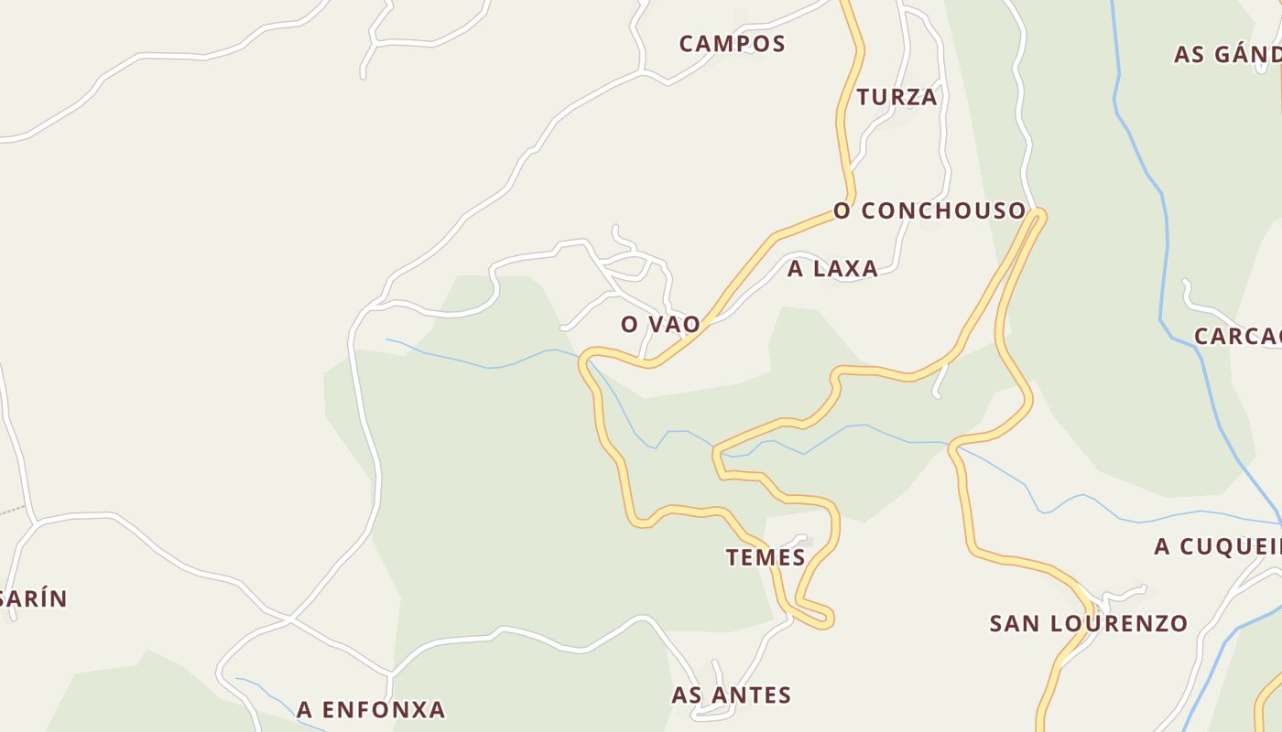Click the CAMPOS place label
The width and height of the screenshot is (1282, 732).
pos(732,43)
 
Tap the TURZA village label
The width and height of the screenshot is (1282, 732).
pos(897,97)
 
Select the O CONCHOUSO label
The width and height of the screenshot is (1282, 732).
pos(929,210)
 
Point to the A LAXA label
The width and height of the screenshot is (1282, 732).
pos(832,268)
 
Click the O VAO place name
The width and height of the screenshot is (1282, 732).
pos(660,324)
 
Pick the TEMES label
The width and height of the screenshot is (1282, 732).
pos(766,557)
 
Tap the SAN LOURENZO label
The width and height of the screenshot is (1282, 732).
pos(1089,624)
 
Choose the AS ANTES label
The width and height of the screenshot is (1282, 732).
pos(731,695)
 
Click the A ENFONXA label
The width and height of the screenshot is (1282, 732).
pos(371,709)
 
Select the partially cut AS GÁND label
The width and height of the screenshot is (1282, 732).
pos(1227,54)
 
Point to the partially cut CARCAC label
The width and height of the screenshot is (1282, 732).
pos(1237,336)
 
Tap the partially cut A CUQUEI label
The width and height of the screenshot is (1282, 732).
pos(1217,546)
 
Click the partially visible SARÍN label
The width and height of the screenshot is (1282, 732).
pos(34,598)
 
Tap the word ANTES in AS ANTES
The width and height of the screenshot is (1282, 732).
pos(751,695)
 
